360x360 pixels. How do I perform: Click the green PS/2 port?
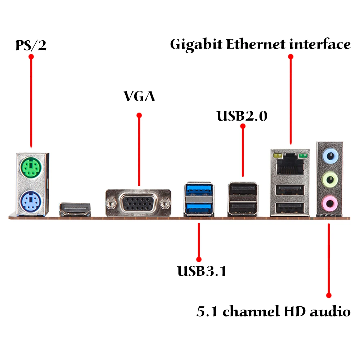pyautogui.click(x=31, y=168)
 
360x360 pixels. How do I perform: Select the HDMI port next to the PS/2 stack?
pyautogui.click(x=75, y=209)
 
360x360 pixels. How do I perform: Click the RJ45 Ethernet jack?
pyautogui.click(x=290, y=165)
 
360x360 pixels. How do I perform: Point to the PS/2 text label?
pyautogui.click(x=31, y=45)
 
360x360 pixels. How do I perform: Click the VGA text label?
pyautogui.click(x=139, y=96)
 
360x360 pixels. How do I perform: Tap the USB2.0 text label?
pyautogui.click(x=242, y=116)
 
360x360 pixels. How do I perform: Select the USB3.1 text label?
pyautogui.click(x=202, y=271)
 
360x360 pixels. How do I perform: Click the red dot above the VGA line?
pyautogui.click(x=139, y=115)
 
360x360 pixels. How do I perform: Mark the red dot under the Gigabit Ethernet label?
pyautogui.click(x=291, y=57)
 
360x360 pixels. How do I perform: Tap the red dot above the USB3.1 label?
pyautogui.click(x=198, y=258)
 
